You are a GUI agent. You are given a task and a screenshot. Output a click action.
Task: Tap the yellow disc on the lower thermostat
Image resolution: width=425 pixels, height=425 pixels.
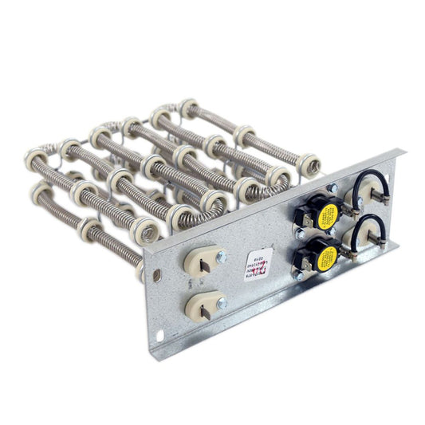[326, 257]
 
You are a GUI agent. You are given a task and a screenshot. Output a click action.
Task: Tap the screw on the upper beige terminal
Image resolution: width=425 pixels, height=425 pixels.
[221, 258]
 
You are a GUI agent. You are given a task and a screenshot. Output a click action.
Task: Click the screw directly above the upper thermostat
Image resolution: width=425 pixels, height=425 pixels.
[333, 188]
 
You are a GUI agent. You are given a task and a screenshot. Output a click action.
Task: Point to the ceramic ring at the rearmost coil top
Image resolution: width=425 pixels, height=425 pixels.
[189, 106]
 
